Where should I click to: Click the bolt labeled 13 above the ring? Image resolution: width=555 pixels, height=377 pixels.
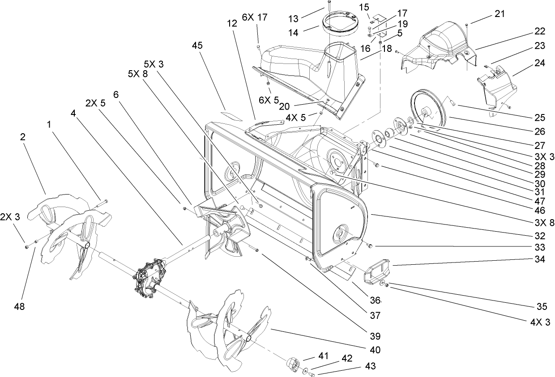(x=328, y=6)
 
